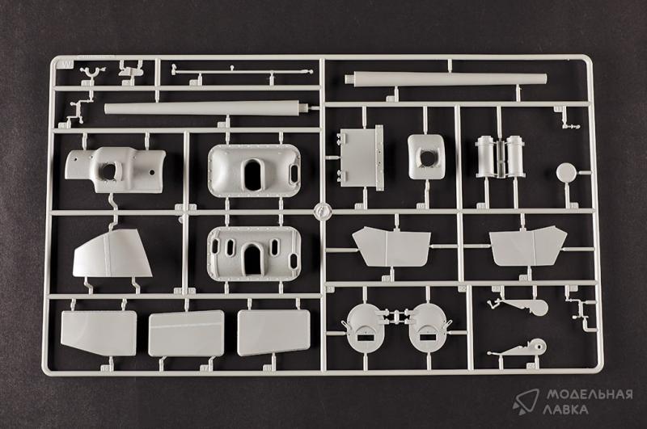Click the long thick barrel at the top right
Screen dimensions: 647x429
tap(446, 79)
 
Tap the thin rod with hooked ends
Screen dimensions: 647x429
tap(242, 72)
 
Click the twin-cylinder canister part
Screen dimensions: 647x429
tap(500, 156)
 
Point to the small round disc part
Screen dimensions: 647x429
tap(565, 173)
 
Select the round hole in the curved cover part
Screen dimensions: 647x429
tap(108, 171)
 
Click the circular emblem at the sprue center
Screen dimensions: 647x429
tap(322, 212)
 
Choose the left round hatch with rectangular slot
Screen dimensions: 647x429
tap(366, 329)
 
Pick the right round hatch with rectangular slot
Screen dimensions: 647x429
tap(429, 329)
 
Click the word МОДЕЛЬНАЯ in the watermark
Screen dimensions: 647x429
tap(590, 395)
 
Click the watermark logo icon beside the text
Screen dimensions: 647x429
tap(526, 401)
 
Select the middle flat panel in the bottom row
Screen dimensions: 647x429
tap(186, 334)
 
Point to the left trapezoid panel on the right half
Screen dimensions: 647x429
tap(391, 246)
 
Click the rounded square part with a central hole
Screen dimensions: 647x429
tap(427, 157)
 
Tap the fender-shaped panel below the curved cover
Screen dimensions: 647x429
tap(112, 254)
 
